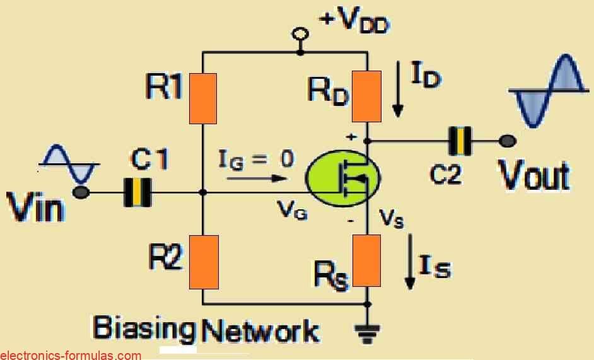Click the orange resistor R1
click(202, 97)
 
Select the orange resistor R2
click(203, 261)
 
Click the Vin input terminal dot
click(81, 192)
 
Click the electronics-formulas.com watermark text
click(71, 355)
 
